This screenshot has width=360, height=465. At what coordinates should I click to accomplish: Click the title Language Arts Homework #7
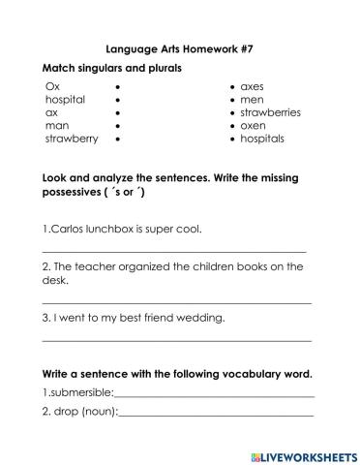pos(179,46)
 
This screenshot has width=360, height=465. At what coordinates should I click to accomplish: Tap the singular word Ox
pos(52,86)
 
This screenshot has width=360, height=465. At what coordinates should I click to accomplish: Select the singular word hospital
pos(65,99)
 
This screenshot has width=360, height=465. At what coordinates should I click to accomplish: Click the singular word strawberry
pos(71,139)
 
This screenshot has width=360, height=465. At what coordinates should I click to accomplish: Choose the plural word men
pos(252,99)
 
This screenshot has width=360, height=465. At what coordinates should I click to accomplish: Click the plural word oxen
pos(254,125)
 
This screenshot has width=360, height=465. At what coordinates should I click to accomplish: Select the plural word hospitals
pos(262,139)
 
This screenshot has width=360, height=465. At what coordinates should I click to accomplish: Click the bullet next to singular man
pos(117,126)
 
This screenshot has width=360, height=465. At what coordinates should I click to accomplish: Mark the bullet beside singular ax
pos(117,112)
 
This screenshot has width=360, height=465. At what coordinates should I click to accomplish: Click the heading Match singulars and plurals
pos(111,68)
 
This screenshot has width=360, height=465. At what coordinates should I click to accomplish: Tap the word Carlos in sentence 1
pos(69,230)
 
